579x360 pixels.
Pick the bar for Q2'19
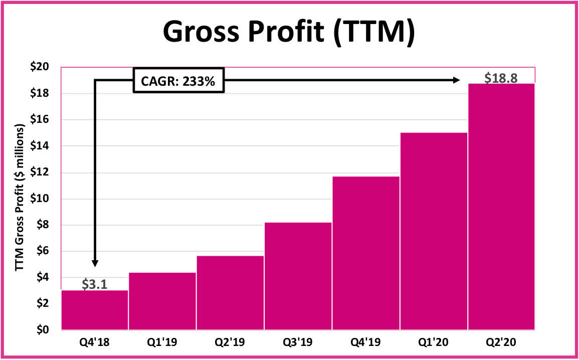[230, 293]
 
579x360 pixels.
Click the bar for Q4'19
[365, 253]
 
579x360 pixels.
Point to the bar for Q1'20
[434, 231]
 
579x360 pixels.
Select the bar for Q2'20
[501, 207]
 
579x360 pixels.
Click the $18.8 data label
[501, 78]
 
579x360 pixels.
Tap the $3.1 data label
[94, 285]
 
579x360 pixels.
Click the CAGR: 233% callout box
[178, 80]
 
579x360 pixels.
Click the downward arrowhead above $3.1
[95, 264]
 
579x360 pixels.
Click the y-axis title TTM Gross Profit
[20, 199]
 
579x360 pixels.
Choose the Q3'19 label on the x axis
[298, 343]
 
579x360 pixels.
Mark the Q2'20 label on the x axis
[501, 343]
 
